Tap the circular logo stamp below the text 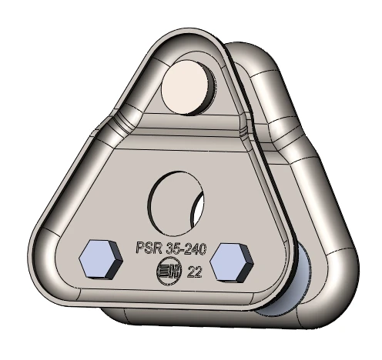tap(165, 272)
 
